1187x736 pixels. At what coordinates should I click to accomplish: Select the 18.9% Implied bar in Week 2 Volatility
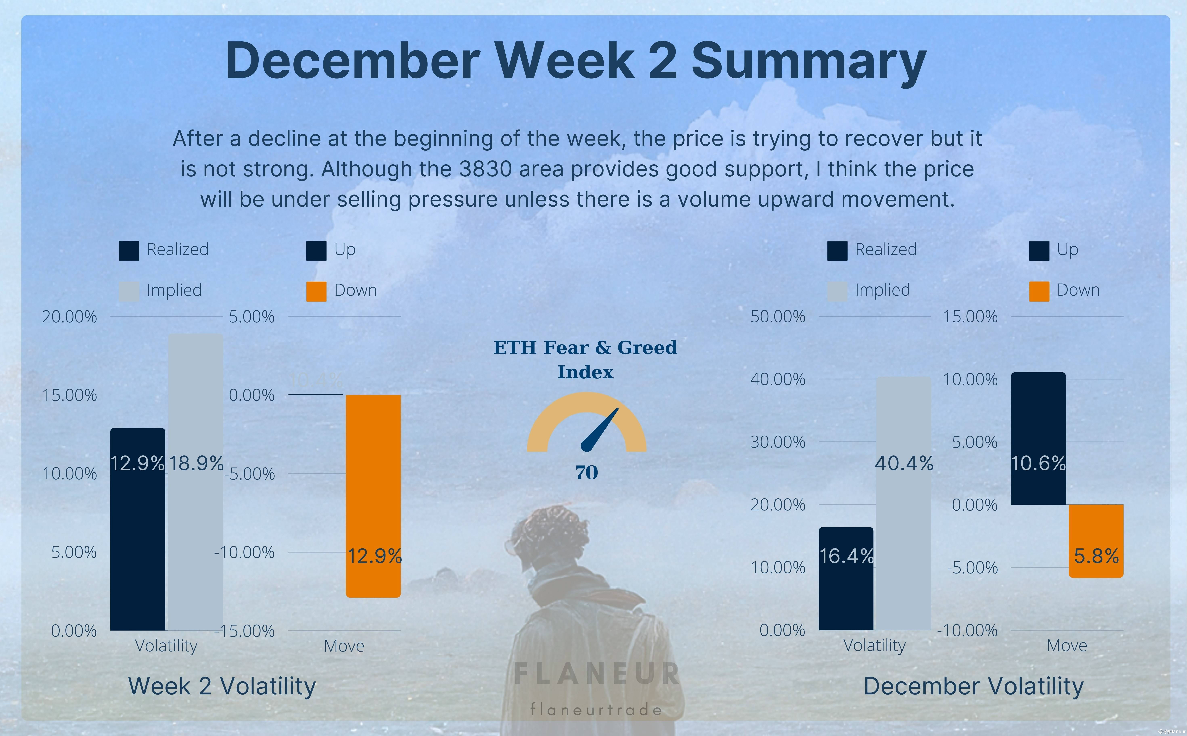click(196, 482)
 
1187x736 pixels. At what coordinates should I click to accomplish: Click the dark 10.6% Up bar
click(1038, 438)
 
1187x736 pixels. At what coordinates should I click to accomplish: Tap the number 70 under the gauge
click(587, 472)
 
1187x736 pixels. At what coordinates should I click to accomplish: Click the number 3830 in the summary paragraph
click(485, 169)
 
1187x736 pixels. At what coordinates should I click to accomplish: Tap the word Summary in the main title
click(808, 61)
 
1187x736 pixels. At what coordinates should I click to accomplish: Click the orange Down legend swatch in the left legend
click(316, 291)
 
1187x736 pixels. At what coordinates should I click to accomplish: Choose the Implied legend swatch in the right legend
click(837, 291)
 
